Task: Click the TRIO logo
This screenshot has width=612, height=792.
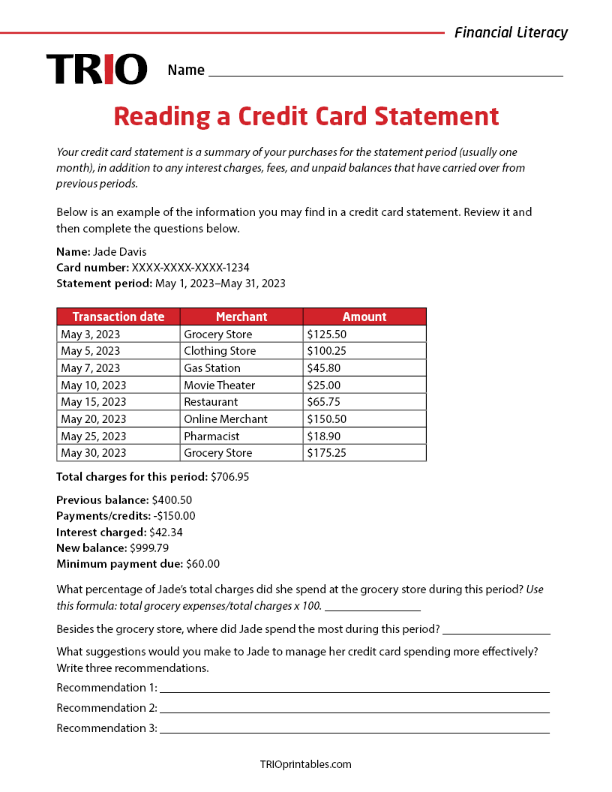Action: [x=97, y=69]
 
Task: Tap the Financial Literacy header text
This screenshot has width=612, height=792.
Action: [x=511, y=32]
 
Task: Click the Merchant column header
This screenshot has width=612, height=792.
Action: [x=241, y=316]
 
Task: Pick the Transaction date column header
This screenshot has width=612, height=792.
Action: [x=118, y=316]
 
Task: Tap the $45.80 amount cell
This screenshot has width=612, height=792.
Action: [x=323, y=368]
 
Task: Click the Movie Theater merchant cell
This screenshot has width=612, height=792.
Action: [x=220, y=385]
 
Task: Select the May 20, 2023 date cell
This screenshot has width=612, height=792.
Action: [x=94, y=419]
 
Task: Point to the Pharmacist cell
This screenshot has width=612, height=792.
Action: [x=211, y=436]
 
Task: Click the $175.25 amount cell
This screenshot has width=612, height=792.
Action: [x=326, y=453]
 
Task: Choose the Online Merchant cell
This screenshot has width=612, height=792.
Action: [x=226, y=419]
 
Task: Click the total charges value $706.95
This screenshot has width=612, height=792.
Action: [x=230, y=476]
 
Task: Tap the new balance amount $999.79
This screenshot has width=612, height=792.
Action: [x=149, y=547]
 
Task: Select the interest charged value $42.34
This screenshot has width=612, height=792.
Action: [x=166, y=532]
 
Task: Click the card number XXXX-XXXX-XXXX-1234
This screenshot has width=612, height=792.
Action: [x=190, y=267]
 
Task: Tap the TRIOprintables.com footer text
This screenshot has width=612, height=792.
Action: [x=305, y=764]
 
